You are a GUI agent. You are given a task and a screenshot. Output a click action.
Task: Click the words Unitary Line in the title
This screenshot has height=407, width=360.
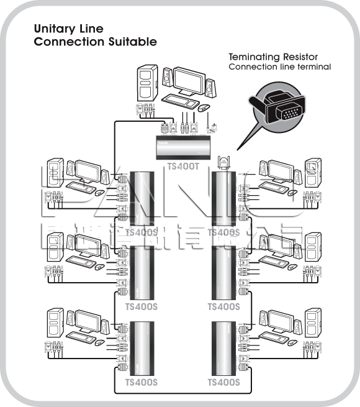[x=68, y=29]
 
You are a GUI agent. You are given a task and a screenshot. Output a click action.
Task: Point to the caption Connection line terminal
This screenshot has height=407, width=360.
[x=279, y=66]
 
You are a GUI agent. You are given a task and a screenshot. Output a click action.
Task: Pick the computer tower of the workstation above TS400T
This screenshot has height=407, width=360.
[x=146, y=81]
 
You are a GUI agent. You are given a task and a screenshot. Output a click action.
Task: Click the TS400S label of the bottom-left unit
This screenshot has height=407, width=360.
[x=141, y=382]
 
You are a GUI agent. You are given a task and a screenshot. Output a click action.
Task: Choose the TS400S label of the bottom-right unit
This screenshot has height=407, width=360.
[x=223, y=382]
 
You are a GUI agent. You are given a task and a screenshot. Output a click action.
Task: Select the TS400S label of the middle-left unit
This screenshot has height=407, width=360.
[x=141, y=306]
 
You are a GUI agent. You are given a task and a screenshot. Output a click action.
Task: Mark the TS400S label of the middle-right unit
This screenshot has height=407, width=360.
[x=223, y=306]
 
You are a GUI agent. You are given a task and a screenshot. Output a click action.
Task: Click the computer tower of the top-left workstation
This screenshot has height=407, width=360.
[x=55, y=173]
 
